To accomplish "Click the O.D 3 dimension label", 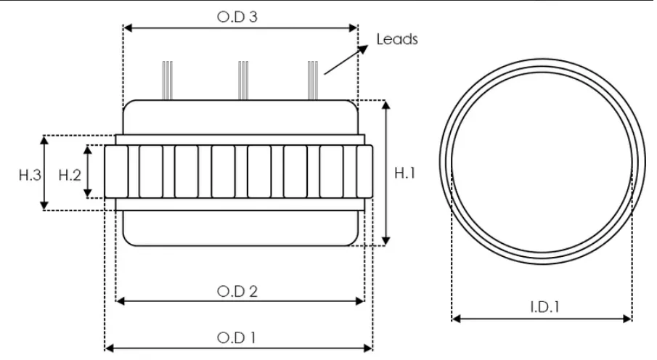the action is point(237,17).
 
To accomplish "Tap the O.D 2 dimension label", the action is point(237,291).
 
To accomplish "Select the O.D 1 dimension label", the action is point(237,337).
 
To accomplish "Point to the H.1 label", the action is point(405,173).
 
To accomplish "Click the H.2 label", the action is point(70,175).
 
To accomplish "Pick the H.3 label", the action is point(30,175).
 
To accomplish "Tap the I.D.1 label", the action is point(544,307).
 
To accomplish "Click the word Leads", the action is point(397,39).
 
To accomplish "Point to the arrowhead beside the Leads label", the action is point(363,49).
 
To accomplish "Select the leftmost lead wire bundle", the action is point(167,81).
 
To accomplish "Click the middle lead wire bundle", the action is point(243,81).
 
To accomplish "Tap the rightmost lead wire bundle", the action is point(313,81).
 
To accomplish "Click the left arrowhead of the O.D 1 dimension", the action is point(109,348).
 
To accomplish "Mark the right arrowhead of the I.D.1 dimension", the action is point(627,319).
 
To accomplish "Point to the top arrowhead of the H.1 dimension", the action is point(386,105).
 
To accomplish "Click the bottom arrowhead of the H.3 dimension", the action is point(44,205).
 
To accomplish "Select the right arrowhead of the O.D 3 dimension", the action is point(353,28).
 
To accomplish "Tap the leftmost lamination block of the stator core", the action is point(116,171).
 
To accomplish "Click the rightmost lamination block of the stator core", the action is point(364,171).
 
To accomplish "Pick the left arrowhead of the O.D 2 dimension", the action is point(121,301).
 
